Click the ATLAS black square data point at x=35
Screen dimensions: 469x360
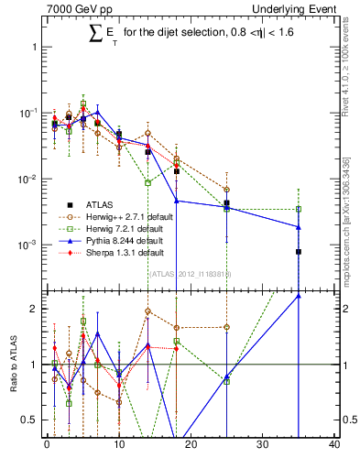[299, 252]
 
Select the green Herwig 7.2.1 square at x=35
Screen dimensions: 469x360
[299, 210]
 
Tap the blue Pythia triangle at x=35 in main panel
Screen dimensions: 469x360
[299, 227]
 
